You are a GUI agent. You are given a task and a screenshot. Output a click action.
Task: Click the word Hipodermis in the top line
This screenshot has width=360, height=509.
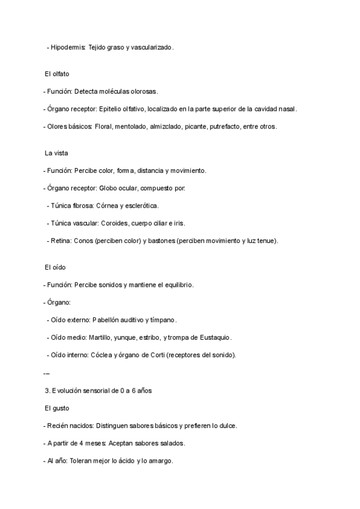pos(68,47)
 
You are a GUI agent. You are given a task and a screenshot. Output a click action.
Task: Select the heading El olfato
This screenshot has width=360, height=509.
pos(57,74)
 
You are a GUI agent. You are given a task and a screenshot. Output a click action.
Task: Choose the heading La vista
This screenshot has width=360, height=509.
pos(56,153)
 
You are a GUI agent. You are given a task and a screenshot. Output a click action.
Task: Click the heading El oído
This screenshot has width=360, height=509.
pos(56,267)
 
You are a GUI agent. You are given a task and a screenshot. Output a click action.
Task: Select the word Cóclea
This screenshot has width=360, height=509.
pos(101,355)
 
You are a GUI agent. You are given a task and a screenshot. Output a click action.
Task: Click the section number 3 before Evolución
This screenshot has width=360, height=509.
pos(47,391)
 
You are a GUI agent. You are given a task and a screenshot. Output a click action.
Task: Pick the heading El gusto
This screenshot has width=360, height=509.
pos(57,409)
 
